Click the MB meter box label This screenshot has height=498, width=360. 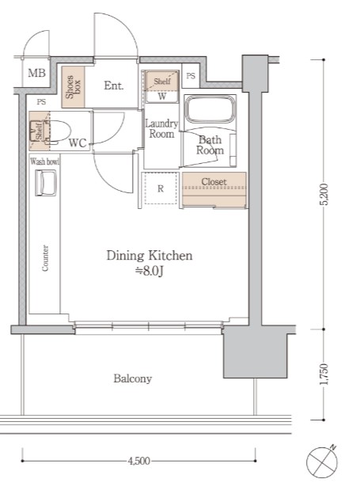[x=37, y=73]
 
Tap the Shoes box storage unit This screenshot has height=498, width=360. [x=73, y=87]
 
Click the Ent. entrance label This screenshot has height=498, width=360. [x=114, y=86]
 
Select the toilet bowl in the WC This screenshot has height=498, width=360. [x=58, y=131]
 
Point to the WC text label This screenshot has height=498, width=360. [x=78, y=143]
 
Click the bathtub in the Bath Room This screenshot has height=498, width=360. [x=210, y=109]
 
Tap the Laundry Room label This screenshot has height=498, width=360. [x=161, y=128]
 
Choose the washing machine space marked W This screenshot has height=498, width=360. [x=161, y=97]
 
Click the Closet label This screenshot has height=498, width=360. [x=214, y=182]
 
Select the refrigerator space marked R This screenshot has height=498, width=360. [x=161, y=188]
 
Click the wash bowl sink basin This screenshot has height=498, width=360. [x=46, y=183]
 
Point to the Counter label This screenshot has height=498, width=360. [x=45, y=258]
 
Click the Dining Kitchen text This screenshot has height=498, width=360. [x=150, y=256]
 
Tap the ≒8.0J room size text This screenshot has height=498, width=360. [x=150, y=271]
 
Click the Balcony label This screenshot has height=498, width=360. [x=133, y=378]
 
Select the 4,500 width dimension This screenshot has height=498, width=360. [x=138, y=461]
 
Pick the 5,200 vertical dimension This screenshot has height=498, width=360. [x=324, y=195]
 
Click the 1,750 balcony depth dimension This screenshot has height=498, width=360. [x=324, y=374]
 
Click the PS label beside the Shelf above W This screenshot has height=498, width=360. [x=191, y=76]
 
